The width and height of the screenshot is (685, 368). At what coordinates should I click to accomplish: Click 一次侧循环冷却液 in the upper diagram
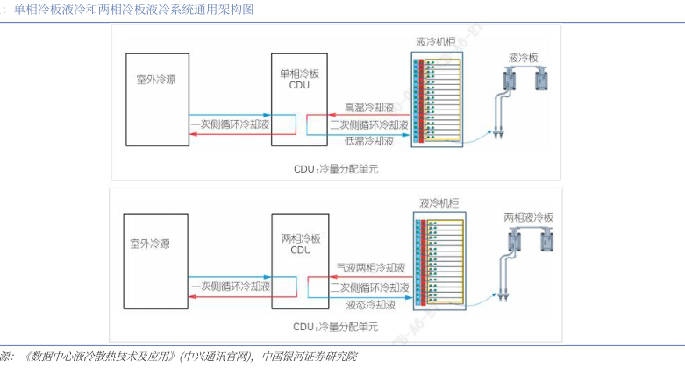coord(230,125)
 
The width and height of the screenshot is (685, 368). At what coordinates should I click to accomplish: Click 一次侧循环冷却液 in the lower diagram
coord(230,287)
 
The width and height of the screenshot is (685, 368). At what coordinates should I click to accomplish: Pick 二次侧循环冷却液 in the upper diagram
coord(369,124)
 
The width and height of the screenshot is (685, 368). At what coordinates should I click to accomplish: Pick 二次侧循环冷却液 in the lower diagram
coord(369,287)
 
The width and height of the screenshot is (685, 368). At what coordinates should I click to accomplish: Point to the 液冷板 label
coord(524,58)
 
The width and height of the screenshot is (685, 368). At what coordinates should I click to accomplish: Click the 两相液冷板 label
coord(530,216)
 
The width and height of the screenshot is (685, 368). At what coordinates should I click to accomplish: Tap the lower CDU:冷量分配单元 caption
coord(337,327)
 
